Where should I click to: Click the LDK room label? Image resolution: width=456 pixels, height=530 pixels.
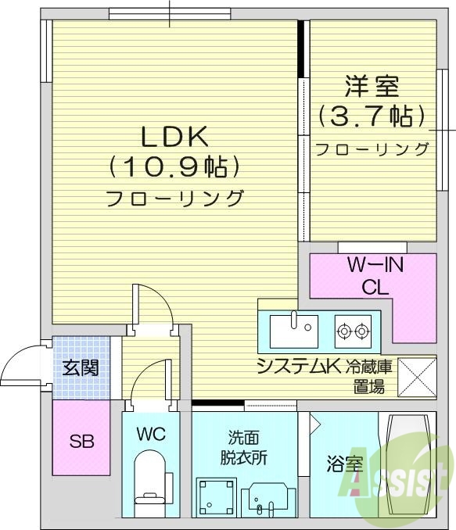pos(174,137)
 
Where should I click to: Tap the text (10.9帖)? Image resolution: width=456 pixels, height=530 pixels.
pos(174,167)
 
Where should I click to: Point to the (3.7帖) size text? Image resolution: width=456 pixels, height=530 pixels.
pos(372,117)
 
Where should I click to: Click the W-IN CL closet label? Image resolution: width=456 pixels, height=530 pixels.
pos(375,276)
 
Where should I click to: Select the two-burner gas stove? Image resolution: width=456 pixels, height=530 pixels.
pos(352,331)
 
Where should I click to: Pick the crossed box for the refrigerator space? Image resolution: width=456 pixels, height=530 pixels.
pos(417,377)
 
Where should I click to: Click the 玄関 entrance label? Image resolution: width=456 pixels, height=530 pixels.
pos(81,367)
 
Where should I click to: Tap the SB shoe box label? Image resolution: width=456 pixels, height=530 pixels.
pos(81,442)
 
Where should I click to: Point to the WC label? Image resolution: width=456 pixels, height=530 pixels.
pos(151,434)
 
